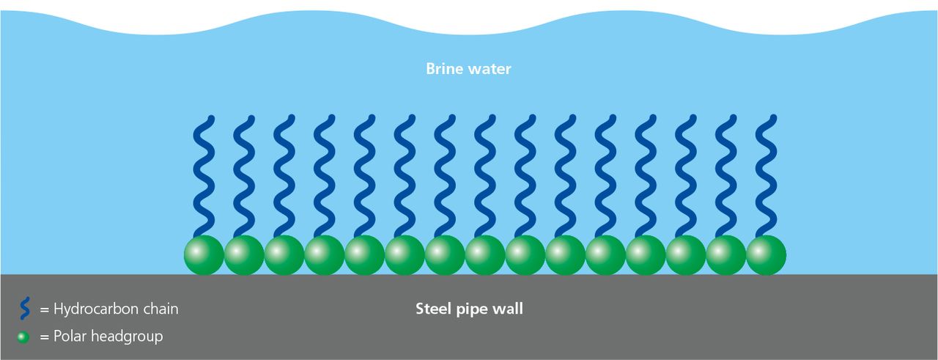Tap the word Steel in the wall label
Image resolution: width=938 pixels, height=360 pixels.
(x=432, y=309)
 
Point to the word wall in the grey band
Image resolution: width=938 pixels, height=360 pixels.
(x=510, y=309)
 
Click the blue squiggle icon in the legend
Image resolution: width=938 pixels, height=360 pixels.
(x=25, y=309)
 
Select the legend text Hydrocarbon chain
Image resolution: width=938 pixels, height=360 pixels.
(x=115, y=309)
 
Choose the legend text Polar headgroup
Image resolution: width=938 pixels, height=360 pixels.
(x=108, y=337)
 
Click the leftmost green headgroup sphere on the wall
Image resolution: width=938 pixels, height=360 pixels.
(x=204, y=255)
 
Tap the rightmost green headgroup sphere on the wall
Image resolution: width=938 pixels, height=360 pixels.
(x=766, y=255)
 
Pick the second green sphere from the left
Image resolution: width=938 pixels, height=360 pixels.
(x=244, y=255)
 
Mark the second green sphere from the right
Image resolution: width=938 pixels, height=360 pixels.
(x=725, y=255)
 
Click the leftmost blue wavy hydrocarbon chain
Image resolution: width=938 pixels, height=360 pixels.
(x=204, y=176)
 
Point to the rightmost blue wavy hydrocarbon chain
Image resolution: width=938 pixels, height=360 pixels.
(x=766, y=176)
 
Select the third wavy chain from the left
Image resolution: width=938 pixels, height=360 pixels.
(x=284, y=176)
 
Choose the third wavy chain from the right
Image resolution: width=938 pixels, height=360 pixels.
(x=686, y=176)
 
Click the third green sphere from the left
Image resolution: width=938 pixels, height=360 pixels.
(x=284, y=255)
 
